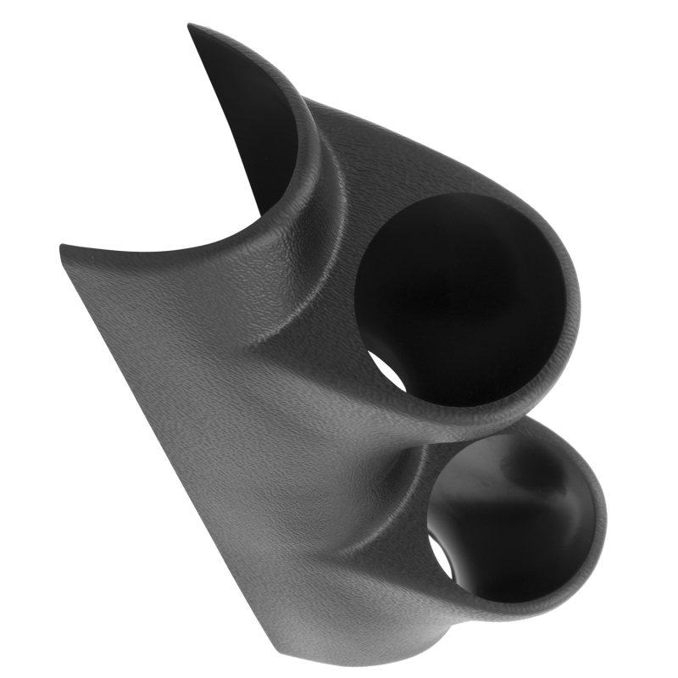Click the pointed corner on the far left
click(x=63, y=247)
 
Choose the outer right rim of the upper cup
click(x=573, y=305)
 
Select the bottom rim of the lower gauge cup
click(x=525, y=597)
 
